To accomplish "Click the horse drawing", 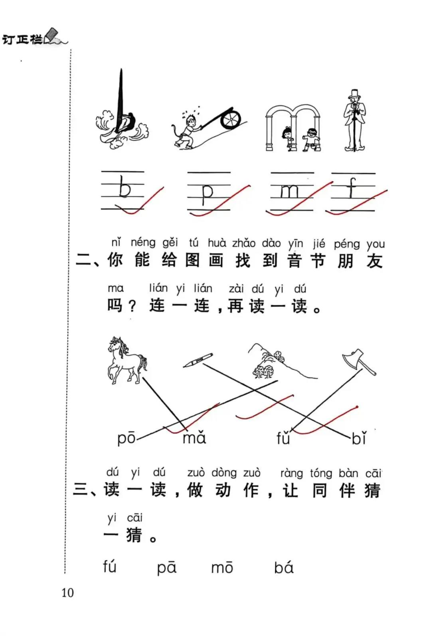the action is (127, 360).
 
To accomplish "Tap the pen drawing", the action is (198, 360).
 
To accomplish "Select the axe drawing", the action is (359, 362).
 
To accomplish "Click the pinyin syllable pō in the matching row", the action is (127, 438).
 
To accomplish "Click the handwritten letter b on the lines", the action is (125, 186).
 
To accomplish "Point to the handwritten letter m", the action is (290, 192).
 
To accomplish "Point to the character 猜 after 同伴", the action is (372, 490).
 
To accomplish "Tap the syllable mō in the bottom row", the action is (222, 567).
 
